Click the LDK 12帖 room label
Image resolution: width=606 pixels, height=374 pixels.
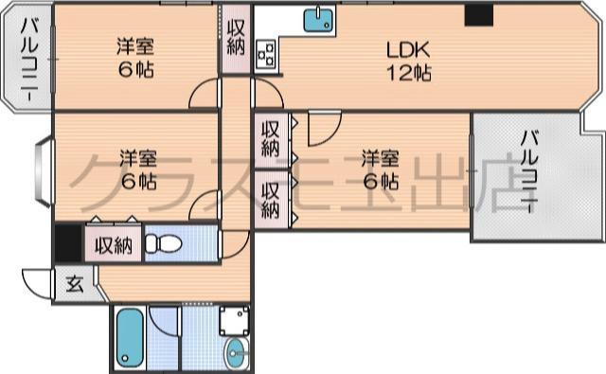407,61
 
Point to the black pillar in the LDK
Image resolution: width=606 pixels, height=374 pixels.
479,15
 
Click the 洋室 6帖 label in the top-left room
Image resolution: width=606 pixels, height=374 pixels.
135,58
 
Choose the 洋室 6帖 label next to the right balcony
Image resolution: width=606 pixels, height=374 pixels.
379,168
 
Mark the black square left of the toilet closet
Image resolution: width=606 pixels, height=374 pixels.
67,243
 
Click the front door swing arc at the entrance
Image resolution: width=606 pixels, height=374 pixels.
35,284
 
